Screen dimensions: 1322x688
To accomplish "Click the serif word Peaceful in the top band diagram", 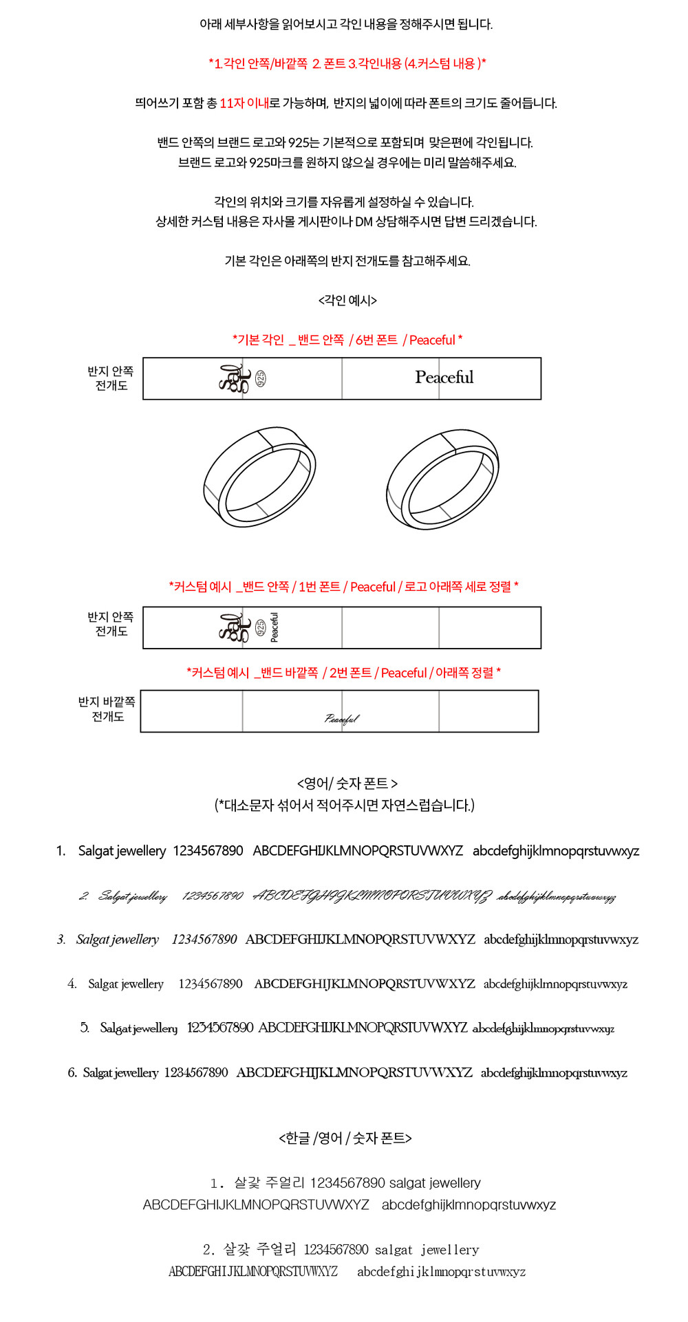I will [444, 378].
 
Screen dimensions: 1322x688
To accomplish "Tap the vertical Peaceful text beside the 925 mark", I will [275, 627].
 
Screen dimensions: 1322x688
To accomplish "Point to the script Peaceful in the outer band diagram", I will [342, 719].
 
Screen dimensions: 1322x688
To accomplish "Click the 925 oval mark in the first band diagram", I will [261, 378].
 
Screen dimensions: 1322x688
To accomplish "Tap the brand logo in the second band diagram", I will [235, 627].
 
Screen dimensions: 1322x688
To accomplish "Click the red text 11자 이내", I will [244, 103].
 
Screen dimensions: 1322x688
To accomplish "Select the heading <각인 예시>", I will [347, 300].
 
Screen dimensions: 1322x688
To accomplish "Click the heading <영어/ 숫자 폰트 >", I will [347, 783].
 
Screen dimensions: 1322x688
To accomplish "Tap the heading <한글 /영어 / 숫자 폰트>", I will [345, 1138].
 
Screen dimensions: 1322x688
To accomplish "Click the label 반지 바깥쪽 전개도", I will [107, 709].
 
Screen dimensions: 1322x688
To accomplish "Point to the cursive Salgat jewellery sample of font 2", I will [133, 896].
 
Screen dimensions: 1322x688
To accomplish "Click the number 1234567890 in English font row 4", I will [211, 984].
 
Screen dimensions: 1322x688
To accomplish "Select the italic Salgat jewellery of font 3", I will [118, 940].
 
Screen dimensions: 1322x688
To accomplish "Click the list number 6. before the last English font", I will [72, 1073].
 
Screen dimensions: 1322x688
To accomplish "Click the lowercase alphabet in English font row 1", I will [556, 852].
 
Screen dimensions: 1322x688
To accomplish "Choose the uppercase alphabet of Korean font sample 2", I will [253, 1272].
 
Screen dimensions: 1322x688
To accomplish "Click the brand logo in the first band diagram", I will [234, 378].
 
